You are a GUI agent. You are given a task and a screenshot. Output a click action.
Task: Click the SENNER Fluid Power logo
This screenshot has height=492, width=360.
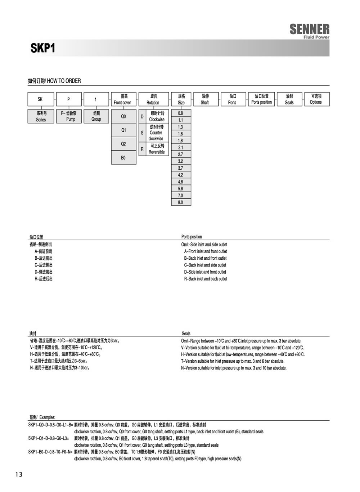tap(309, 31)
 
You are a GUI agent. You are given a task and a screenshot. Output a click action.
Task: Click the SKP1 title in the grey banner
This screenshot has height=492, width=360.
tap(43, 48)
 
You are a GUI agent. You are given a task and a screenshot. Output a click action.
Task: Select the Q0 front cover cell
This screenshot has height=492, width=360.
tap(123, 117)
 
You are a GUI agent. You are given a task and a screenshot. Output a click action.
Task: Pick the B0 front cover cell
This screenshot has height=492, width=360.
tap(123, 158)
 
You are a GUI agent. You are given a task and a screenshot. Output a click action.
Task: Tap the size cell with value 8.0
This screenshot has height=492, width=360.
tap(181, 202)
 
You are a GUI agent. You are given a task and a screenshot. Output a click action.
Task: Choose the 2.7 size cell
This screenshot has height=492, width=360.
tap(181, 155)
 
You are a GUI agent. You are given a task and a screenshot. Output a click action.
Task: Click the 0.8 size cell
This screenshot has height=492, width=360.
tap(181, 113)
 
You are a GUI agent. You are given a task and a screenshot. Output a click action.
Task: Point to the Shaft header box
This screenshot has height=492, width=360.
tap(205, 99)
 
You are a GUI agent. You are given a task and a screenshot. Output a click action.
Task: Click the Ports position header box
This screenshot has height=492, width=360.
tap(262, 99)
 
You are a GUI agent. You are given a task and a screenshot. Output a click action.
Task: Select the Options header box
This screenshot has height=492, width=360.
tap(316, 99)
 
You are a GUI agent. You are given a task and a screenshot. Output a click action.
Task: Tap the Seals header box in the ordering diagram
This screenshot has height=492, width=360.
tap(289, 99)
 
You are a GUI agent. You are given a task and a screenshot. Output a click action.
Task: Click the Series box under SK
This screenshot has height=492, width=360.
tap(41, 116)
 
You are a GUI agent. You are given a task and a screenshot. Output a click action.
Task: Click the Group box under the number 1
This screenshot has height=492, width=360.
tap(96, 116)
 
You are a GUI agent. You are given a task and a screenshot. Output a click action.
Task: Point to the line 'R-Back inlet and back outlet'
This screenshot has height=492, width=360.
tap(206, 279)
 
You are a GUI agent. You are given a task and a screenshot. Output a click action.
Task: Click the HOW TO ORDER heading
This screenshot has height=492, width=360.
tap(54, 81)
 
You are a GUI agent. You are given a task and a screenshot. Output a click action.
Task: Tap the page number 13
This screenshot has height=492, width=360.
tap(19, 474)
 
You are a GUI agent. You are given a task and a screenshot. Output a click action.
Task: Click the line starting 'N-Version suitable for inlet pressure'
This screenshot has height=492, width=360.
tap(234, 368)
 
